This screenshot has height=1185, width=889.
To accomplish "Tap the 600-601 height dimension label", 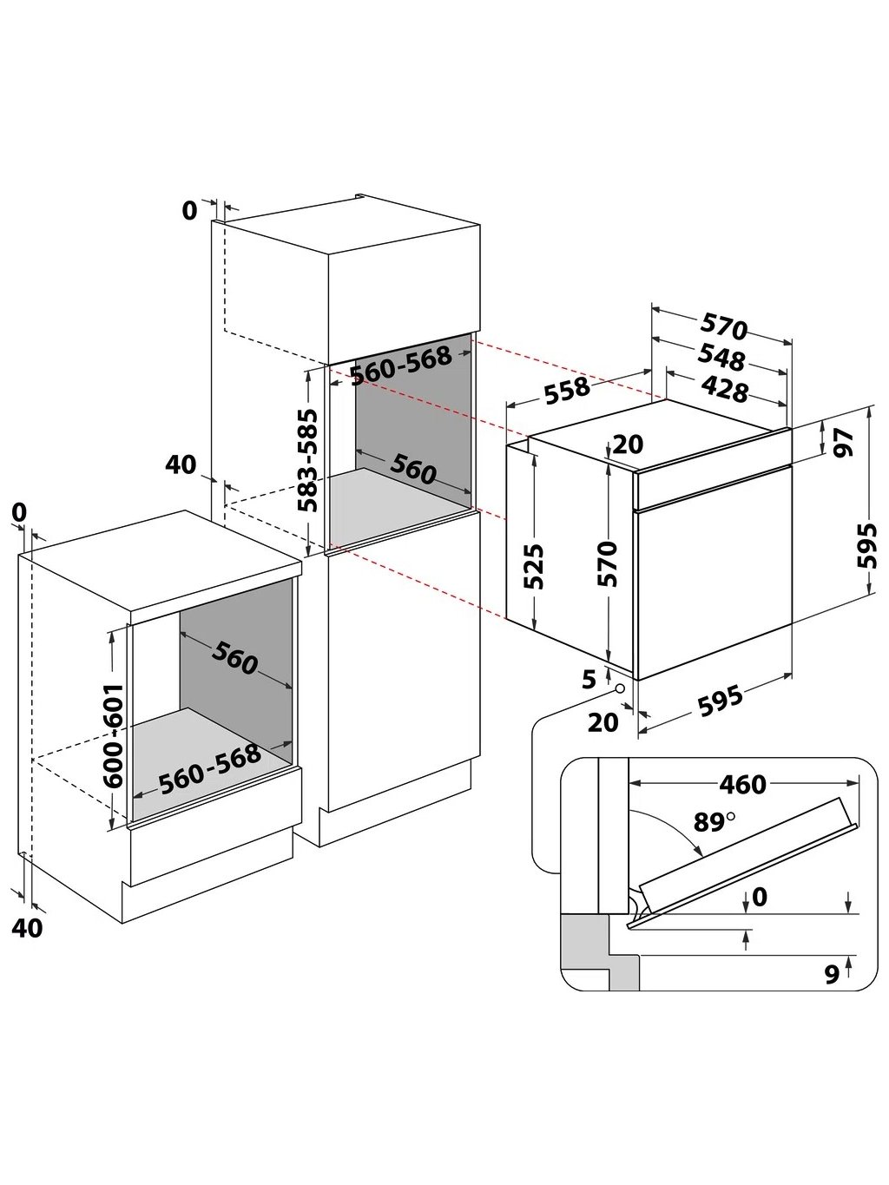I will tap(114, 734).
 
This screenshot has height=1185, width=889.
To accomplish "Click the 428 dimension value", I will tap(724, 389).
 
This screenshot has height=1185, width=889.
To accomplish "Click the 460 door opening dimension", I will tap(742, 784).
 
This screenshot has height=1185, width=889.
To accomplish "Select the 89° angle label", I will tap(714, 820).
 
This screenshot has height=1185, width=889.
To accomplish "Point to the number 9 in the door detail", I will tap(831, 975).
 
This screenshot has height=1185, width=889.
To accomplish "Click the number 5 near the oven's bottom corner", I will tap(589, 679).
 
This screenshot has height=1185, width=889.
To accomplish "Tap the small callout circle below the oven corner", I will tap(621, 688).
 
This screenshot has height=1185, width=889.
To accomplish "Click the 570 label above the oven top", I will tap(724, 327).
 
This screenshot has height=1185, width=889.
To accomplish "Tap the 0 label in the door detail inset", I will tap(760, 897).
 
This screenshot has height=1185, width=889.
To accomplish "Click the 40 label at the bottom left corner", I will tap(28, 927).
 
